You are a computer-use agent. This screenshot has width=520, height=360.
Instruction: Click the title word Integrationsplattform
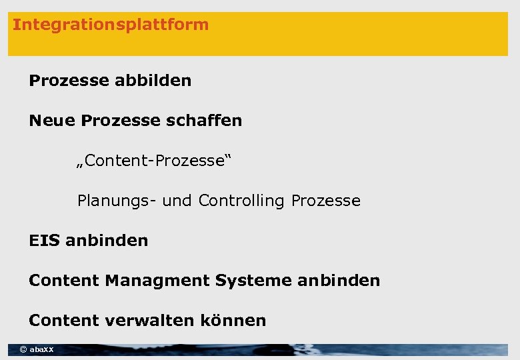(111, 25)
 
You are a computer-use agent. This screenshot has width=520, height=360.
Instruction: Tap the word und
(177, 201)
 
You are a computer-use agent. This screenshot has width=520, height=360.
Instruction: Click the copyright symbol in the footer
(23, 349)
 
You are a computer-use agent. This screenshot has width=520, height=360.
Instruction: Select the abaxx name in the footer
(42, 349)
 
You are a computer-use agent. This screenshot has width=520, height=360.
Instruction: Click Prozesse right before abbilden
(69, 81)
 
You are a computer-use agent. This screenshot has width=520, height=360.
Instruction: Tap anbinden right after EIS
(107, 241)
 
